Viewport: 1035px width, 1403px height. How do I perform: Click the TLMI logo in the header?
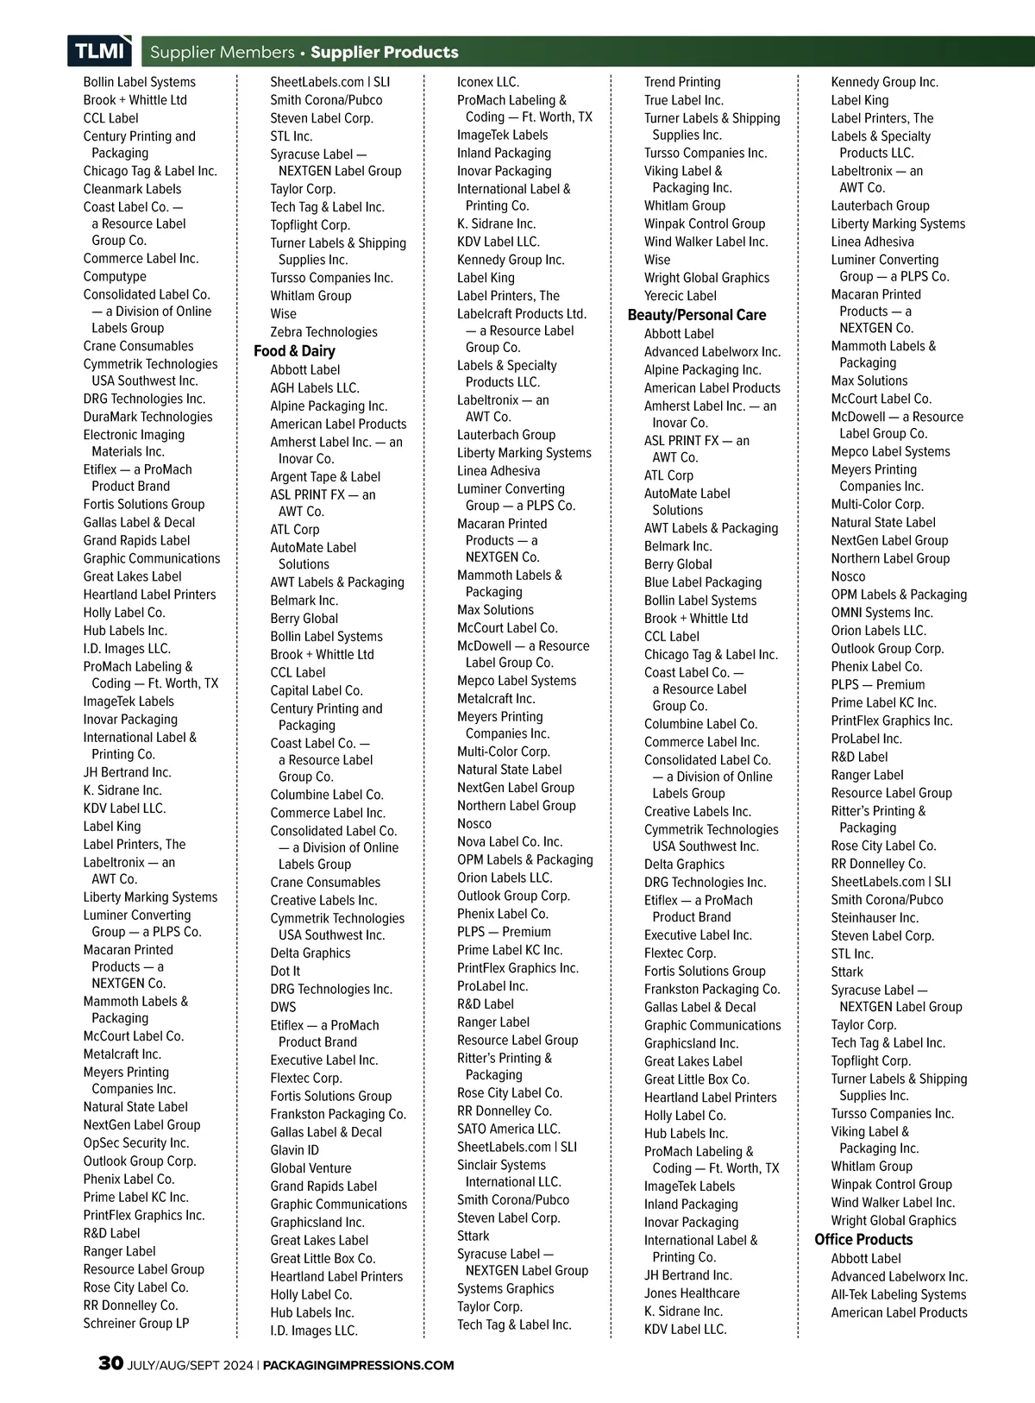100,51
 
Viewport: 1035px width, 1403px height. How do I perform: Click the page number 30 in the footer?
110,1363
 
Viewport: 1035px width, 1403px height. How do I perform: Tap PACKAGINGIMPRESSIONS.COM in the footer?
357,1365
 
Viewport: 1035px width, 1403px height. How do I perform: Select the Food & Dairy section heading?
294,351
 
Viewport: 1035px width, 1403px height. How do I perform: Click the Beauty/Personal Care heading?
696,315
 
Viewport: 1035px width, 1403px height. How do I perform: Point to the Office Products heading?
863,1239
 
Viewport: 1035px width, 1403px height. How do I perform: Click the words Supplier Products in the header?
384,52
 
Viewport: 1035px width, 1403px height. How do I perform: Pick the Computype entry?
115,276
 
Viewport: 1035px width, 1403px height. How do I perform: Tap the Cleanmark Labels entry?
132,189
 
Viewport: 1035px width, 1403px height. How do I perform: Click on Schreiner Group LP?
135,1323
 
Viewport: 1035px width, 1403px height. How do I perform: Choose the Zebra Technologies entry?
323,331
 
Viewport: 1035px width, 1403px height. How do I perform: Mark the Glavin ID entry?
294,1149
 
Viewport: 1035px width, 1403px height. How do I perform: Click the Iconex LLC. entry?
487,82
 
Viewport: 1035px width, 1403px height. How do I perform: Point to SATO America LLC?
508,1129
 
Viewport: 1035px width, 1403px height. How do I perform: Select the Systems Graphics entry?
505,1288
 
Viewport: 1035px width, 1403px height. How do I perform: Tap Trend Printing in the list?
681,82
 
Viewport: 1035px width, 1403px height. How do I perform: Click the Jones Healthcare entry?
691,1293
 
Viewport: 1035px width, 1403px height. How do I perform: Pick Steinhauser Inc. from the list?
875,917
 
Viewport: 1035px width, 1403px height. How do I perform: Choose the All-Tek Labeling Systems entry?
898,1294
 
